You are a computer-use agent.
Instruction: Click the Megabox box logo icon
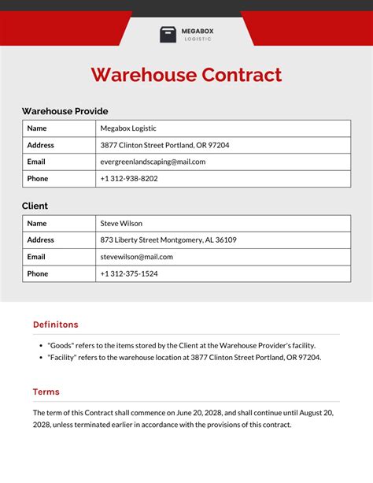pyautogui.click(x=168, y=35)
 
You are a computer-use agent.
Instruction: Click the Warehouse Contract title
pyautogui.click(x=186, y=75)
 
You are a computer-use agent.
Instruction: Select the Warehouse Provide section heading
pyautogui.click(x=65, y=111)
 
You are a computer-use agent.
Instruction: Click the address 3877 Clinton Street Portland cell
pyautogui.click(x=164, y=145)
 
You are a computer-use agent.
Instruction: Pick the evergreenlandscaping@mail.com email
pyautogui.click(x=153, y=162)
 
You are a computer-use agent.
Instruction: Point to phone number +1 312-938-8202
pyautogui.click(x=129, y=179)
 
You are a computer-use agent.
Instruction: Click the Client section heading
pyautogui.click(x=35, y=206)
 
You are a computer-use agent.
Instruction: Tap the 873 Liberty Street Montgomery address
pyautogui.click(x=168, y=240)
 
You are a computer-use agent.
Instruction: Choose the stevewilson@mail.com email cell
pyautogui.click(x=136, y=257)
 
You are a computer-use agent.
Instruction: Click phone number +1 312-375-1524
pyautogui.click(x=129, y=273)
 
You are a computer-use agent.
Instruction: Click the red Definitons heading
pyautogui.click(x=55, y=325)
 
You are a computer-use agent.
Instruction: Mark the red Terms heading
pyautogui.click(x=46, y=392)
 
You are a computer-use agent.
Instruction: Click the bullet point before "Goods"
pyautogui.click(x=40, y=345)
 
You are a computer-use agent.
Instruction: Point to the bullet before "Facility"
pyautogui.click(x=40, y=358)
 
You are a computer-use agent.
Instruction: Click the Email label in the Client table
pyautogui.click(x=36, y=257)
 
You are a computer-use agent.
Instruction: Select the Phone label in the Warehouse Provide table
pyautogui.click(x=37, y=179)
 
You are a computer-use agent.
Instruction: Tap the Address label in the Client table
pyautogui.click(x=40, y=240)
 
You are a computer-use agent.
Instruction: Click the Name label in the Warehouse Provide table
pyautogui.click(x=36, y=128)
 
